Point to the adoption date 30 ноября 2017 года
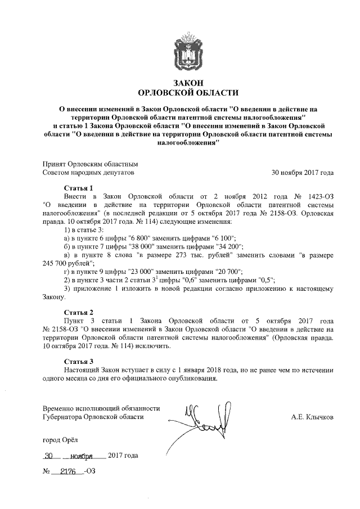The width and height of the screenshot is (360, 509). [x=303, y=172]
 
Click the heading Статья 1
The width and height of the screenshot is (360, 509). [x=78, y=187]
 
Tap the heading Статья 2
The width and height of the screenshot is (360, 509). [x=78, y=312]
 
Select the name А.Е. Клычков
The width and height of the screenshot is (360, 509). [x=312, y=417]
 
